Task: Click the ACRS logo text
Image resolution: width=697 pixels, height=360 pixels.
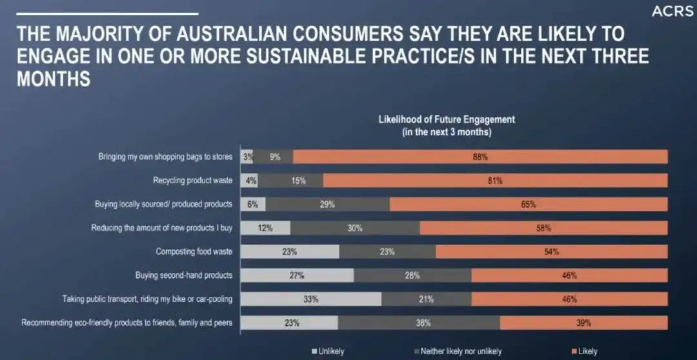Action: coord(672,12)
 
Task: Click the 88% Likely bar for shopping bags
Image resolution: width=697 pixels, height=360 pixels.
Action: coord(480,157)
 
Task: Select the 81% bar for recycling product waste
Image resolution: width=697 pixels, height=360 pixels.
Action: coord(495,181)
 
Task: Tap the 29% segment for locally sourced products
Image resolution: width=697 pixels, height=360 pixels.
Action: coord(327,205)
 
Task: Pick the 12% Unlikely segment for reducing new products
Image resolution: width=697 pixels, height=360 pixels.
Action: coord(266,228)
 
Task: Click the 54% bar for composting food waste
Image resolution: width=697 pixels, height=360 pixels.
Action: coord(551,252)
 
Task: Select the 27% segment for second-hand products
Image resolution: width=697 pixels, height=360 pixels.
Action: coord(298,275)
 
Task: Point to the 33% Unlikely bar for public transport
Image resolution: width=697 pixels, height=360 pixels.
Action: coord(311,299)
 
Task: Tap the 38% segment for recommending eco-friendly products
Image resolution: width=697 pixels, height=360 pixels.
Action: coord(418,323)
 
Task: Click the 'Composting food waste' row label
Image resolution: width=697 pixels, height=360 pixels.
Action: coord(194,252)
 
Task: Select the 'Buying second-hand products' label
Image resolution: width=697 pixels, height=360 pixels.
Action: coord(183,275)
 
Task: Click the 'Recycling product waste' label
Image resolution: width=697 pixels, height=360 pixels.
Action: coord(192,181)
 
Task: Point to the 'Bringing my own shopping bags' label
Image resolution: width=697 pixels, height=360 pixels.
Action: coord(165,157)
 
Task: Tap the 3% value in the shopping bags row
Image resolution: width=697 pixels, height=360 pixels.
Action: coord(247,157)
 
